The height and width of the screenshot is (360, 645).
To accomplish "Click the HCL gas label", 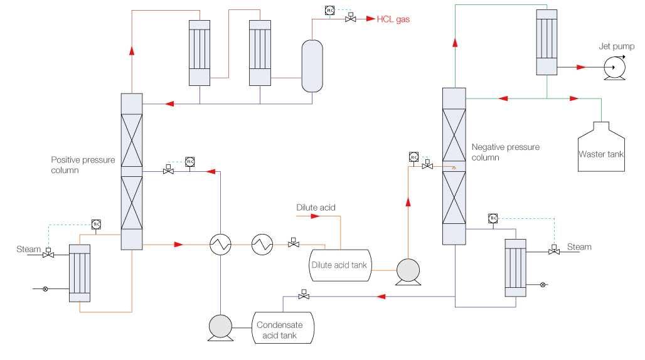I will point(393,19).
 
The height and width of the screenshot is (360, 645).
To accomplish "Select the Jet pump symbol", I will point(612,68).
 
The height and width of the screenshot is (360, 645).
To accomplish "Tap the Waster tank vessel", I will point(601,147).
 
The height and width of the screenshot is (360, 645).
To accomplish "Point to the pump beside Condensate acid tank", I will point(220,327).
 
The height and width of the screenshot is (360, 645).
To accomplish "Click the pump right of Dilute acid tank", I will point(408,270).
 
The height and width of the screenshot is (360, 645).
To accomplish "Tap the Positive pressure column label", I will point(83,165).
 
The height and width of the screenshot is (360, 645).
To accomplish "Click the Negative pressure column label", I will point(505,152).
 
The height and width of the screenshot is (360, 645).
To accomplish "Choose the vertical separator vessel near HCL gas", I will point(312,66).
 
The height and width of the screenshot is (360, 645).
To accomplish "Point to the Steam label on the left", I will point(28,250).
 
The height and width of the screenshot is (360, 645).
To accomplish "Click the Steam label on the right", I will point(579,247).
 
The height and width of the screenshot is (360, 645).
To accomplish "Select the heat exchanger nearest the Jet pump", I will point(546,42).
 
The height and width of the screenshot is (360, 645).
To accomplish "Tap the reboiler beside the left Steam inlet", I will point(80,273).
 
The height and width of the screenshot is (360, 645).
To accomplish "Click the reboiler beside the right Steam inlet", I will point(516,267).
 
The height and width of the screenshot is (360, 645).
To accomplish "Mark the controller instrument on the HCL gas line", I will point(330,10).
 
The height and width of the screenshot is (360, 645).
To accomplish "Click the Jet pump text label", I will point(616,46).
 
